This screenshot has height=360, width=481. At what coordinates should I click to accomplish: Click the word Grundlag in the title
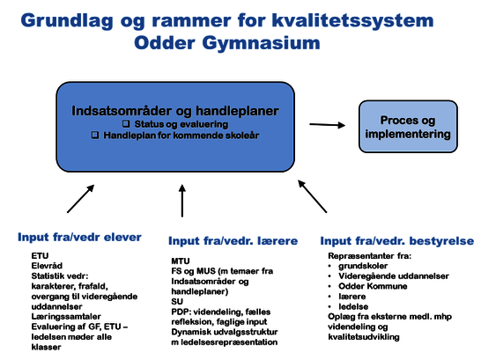click(67, 21)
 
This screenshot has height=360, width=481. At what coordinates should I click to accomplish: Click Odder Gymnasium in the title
click(227, 43)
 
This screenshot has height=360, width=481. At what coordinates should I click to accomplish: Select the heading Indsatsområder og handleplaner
click(175, 111)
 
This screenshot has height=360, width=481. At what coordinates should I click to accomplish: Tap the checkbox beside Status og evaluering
click(126, 123)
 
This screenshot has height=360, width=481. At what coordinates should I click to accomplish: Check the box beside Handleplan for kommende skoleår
click(95, 135)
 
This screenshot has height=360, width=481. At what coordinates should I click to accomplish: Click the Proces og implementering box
click(408, 127)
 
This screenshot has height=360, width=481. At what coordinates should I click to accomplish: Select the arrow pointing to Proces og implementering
click(328, 125)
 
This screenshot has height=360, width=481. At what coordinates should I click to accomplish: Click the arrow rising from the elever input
click(81, 199)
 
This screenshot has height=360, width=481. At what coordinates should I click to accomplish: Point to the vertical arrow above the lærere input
click(182, 201)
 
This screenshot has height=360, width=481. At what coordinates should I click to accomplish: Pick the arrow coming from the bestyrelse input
click(312, 196)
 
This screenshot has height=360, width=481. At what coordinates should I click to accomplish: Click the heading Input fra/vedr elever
click(79, 237)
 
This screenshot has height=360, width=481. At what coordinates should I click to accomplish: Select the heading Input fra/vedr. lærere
click(233, 241)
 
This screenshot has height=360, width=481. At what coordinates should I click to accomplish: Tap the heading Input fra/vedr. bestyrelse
click(397, 241)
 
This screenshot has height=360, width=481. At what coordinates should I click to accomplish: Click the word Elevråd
click(47, 266)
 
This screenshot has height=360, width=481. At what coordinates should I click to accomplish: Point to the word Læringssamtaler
click(66, 317)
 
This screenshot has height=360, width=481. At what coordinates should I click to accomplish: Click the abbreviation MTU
click(181, 261)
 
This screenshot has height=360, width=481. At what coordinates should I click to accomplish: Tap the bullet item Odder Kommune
click(373, 286)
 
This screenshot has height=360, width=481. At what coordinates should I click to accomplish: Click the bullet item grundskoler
click(363, 266)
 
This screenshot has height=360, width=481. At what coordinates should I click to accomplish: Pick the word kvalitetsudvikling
click(364, 337)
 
